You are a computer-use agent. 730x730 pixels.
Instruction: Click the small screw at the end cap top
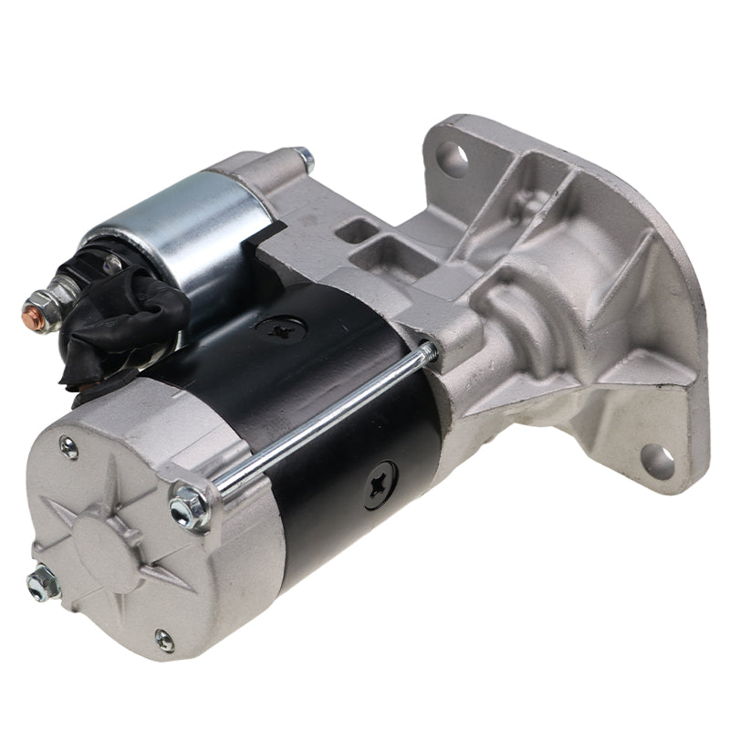(68, 447)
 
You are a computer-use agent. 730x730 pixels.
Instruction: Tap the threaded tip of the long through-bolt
(427, 350)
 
